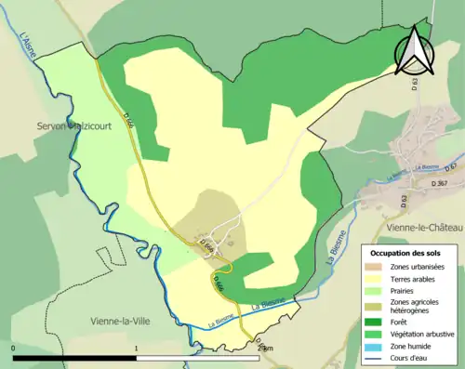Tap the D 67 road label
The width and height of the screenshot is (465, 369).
pyautogui.click(x=452, y=166)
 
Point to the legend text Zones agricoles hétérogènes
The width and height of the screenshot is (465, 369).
pyautogui.click(x=419, y=307)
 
